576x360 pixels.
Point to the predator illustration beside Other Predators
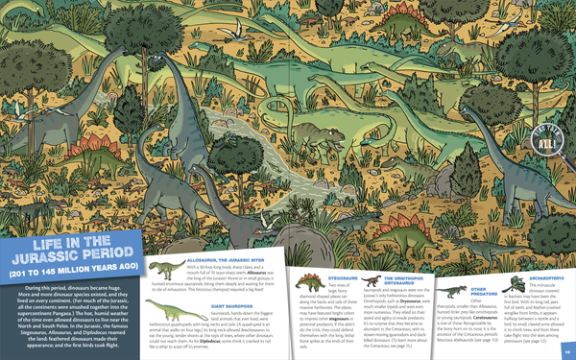click(447, 293)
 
